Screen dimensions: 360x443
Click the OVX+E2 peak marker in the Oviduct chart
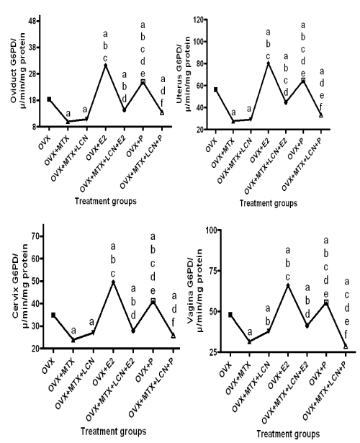coord(105,66)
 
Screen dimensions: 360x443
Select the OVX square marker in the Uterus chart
coord(215,89)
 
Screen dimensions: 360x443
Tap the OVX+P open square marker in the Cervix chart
coord(153,300)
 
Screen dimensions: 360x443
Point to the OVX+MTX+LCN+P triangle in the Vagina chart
coord(346,346)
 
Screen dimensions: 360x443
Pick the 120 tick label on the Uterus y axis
coord(199,19)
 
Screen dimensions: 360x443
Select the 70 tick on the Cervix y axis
coord(37,236)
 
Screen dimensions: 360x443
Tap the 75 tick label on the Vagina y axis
coord(213,271)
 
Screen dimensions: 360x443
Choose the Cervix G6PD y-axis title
coord(20,282)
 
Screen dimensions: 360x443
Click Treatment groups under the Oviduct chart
coord(106,201)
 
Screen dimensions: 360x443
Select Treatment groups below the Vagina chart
coord(288,434)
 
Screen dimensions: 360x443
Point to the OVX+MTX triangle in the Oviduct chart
coord(68,122)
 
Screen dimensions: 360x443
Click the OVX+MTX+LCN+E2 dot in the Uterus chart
coord(285,102)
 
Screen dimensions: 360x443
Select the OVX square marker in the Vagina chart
coord(230,315)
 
